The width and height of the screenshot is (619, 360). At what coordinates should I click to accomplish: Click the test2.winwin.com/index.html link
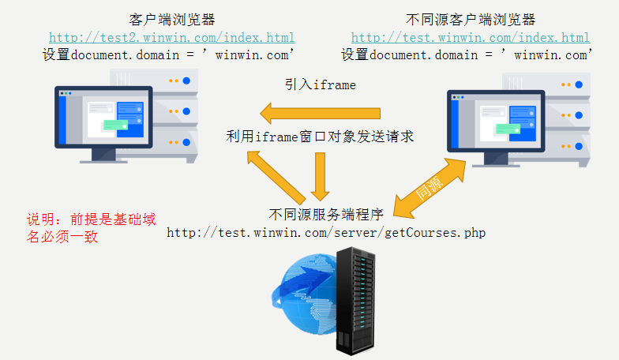[171, 37]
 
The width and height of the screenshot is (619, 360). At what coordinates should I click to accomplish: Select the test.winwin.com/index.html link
[470, 37]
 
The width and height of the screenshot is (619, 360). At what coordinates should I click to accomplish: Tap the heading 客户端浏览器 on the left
[171, 19]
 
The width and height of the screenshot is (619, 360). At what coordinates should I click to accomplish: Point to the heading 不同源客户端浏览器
[470, 19]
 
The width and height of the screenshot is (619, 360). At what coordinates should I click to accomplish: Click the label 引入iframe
[321, 84]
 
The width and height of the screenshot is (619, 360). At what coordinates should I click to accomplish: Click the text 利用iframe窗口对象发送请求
[320, 137]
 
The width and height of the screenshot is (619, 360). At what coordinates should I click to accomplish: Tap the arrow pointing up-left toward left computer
[276, 177]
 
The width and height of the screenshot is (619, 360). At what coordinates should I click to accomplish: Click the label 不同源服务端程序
[325, 213]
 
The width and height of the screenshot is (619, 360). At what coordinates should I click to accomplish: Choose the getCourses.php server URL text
[325, 232]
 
